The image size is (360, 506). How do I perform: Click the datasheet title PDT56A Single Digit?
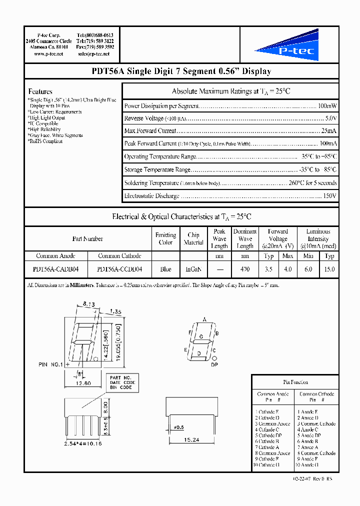coord(181,71)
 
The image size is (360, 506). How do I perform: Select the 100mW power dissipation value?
coord(327,106)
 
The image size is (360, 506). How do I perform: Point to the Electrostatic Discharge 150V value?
coord(330,195)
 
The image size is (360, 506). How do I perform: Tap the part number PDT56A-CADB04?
coord(55,269)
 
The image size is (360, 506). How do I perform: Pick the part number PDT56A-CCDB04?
coord(119,269)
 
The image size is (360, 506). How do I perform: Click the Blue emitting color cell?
coord(165,269)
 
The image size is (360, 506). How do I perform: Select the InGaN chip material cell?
coord(193,269)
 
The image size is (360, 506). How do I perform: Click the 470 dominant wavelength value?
coord(245,269)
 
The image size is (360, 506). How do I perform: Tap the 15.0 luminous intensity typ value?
coord(329,269)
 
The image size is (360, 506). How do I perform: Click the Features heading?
coord(40,91)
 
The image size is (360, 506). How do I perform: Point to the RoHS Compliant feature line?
coord(45,141)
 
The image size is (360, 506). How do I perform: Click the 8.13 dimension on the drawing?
coord(88,303)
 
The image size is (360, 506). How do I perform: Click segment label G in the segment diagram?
coord(201,336)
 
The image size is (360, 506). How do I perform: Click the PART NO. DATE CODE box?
coord(121,382)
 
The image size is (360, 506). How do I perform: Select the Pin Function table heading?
coord(295,382)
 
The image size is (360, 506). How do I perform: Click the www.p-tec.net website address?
coord(48,53)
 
